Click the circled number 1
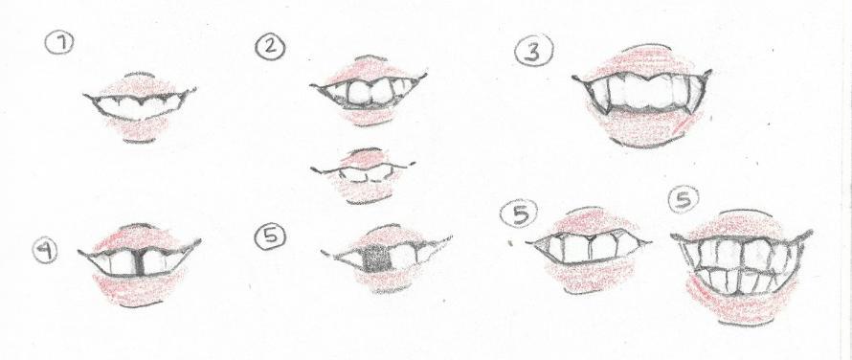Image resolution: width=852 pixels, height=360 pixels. (x=59, y=43)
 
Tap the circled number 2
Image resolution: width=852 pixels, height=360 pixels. (x=270, y=46)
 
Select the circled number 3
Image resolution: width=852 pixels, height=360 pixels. (x=534, y=51)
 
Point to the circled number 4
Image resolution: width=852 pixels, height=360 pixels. (x=45, y=250)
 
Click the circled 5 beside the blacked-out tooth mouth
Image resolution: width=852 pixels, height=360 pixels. (x=271, y=236)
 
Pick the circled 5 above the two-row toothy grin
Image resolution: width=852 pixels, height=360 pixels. (x=684, y=199)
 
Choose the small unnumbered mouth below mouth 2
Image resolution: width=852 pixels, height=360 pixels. (x=363, y=175)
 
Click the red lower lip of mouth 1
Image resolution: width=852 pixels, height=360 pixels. (x=139, y=127)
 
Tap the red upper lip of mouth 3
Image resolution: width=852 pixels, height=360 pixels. (x=644, y=62)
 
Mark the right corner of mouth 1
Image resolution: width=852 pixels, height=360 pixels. (x=194, y=89)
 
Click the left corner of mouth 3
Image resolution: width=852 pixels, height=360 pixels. (x=573, y=78)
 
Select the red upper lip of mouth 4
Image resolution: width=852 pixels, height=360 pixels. (x=140, y=238)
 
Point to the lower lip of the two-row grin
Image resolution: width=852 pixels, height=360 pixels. (x=740, y=306)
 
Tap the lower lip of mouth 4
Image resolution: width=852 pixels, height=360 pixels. (x=140, y=287)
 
